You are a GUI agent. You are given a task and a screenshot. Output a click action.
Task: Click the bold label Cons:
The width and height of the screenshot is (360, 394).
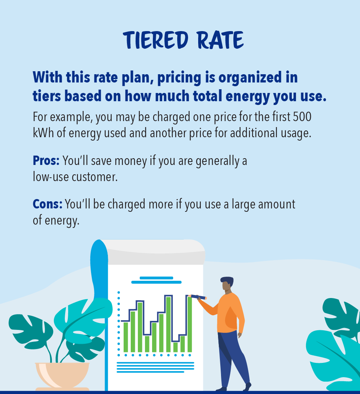pos(47,204)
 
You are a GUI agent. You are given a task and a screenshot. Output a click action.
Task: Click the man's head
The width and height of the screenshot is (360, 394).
pos(227,285)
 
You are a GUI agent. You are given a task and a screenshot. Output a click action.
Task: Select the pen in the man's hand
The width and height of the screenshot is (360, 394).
pos(198,297)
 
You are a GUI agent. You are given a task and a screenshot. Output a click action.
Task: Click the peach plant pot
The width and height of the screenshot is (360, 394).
pos(62,375)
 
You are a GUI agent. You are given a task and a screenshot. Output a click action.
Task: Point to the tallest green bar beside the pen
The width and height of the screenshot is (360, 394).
pos(190,324)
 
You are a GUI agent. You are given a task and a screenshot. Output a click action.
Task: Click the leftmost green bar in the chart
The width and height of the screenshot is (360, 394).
pos(126,337)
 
